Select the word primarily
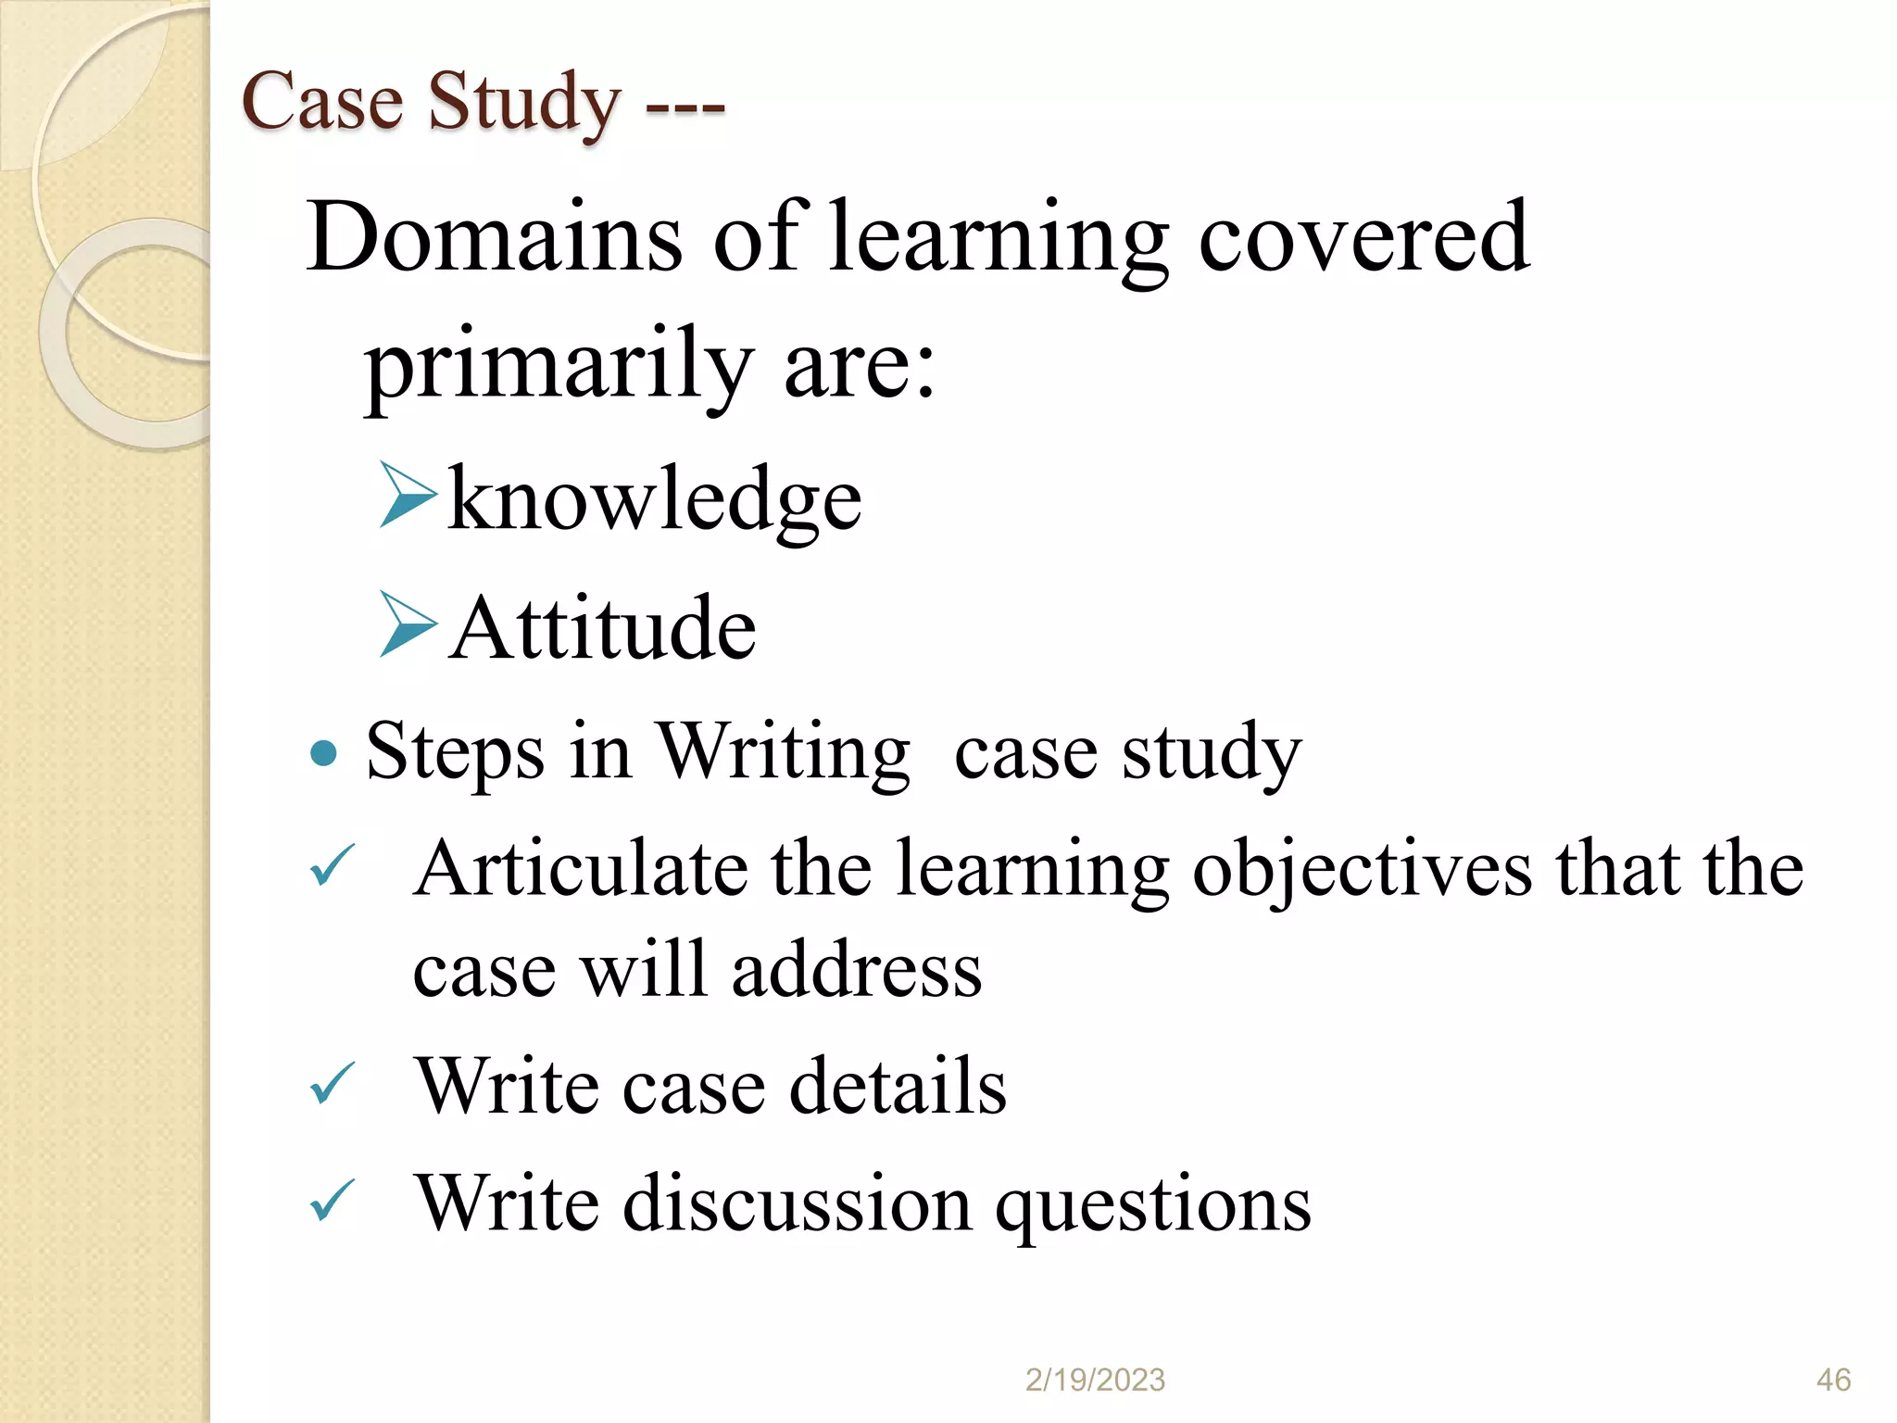pos(559,366)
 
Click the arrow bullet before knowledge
pos(408,496)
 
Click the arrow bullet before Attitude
pos(408,624)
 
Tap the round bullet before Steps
pos(323,754)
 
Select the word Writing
pos(784,752)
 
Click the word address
pos(857,971)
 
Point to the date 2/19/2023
pos(1095,1379)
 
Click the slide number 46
pos(1833,1379)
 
